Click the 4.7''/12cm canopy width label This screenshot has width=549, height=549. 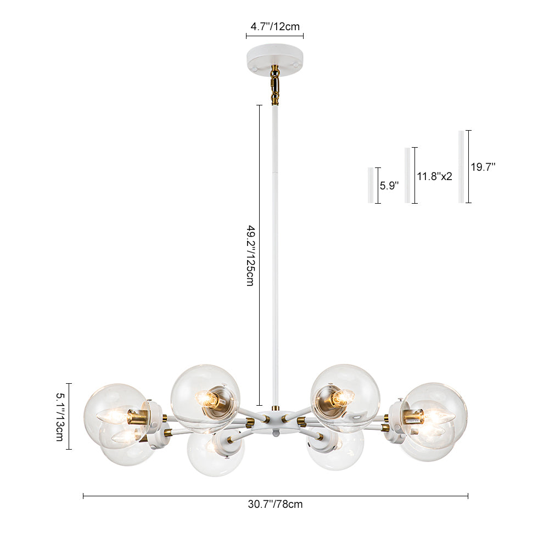pyautogui.click(x=275, y=26)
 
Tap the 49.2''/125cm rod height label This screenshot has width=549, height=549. pyautogui.click(x=250, y=256)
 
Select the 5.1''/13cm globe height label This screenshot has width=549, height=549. pyautogui.click(x=60, y=416)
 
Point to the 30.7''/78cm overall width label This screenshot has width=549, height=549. pyautogui.click(x=275, y=504)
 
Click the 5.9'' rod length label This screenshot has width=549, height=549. pyautogui.click(x=389, y=186)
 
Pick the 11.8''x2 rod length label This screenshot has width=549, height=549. pyautogui.click(x=434, y=176)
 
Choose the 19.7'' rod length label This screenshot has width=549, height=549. pyautogui.click(x=483, y=167)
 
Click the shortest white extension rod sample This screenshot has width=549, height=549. pyautogui.click(x=371, y=185)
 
